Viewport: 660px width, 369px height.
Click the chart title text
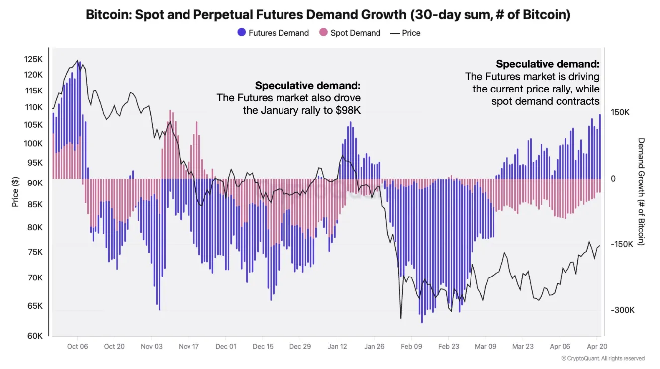point(328,15)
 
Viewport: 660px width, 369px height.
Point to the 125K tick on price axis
point(33,59)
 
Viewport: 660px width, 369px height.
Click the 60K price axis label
point(34,336)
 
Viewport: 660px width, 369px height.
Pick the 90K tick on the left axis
point(34,183)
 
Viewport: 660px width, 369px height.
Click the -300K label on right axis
point(623,310)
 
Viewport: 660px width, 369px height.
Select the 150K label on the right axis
point(620,113)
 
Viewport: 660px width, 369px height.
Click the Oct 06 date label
point(77,347)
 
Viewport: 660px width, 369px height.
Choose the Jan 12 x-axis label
point(337,347)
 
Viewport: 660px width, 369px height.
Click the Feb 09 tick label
point(411,347)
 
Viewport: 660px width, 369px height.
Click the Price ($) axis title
point(15,191)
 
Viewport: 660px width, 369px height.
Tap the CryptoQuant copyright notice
point(602,358)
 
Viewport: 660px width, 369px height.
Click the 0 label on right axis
point(613,179)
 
